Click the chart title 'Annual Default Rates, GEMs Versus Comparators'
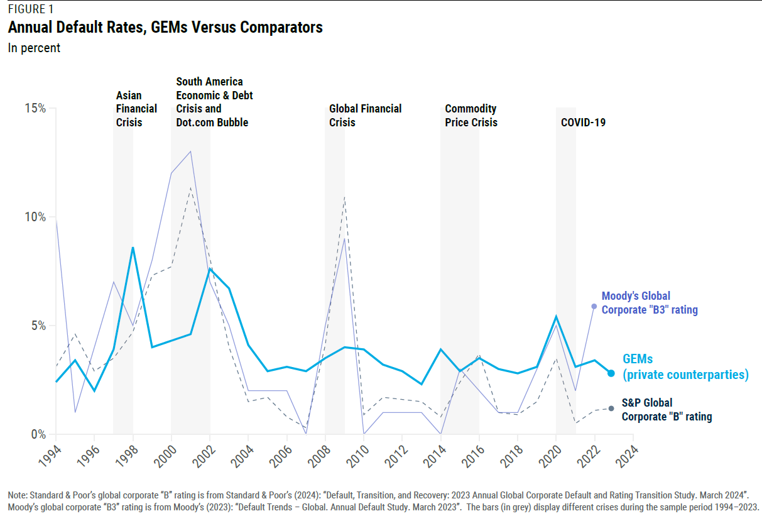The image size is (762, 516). pyautogui.click(x=165, y=28)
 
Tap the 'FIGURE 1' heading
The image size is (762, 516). pyautogui.click(x=30, y=9)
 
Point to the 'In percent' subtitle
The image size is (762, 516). pyautogui.click(x=34, y=48)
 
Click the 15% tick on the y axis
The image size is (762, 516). pyautogui.click(x=36, y=108)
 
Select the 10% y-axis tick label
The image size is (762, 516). pyautogui.click(x=36, y=217)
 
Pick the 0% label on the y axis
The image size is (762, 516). pyautogui.click(x=38, y=434)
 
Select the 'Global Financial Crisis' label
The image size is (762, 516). pyautogui.click(x=365, y=115)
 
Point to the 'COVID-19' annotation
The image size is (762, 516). pyautogui.click(x=583, y=123)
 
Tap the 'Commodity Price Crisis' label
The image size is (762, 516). pyautogui.click(x=471, y=115)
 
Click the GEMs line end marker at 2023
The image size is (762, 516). pyautogui.click(x=611, y=373)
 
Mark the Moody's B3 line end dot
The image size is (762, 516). pyautogui.click(x=594, y=306)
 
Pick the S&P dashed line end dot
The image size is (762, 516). pyautogui.click(x=611, y=409)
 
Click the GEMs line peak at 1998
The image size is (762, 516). pyautogui.click(x=133, y=248)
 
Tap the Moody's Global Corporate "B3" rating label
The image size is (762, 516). pyautogui.click(x=650, y=302)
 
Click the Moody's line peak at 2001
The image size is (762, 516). pyautogui.click(x=190, y=151)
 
